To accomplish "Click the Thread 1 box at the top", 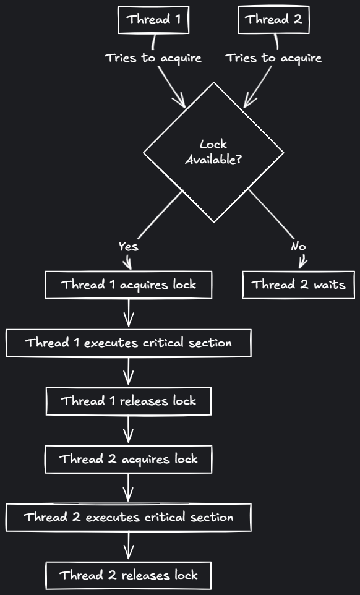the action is tap(153, 20).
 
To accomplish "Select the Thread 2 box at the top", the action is tap(273, 20).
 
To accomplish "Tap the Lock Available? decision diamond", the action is tap(213, 152).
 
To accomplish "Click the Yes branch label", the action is tap(128, 247).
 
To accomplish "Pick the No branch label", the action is tap(298, 247).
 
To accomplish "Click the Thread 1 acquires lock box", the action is tap(129, 285).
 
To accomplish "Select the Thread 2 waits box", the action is tap(299, 285).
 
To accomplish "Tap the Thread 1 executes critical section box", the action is tap(129, 343).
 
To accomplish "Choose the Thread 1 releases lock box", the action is tap(129, 401).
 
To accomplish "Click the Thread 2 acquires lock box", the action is tap(129, 459).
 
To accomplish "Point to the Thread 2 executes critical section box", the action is tap(129, 517).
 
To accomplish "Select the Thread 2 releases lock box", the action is tap(129, 575).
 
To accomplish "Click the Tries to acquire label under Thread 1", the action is tap(153, 58).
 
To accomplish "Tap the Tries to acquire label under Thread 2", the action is tap(273, 58).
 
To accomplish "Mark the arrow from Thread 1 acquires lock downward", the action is tap(129, 313).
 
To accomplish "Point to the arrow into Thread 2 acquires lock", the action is tap(129, 430).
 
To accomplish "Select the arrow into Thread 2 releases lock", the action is tap(129, 546).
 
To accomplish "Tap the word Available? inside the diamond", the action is tap(213, 160).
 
